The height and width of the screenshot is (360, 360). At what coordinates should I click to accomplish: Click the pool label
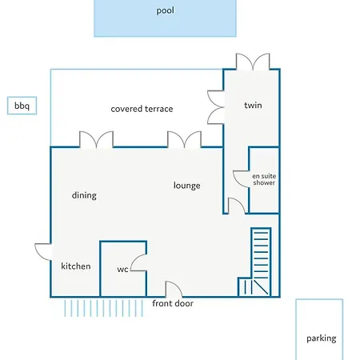[x=166, y=11]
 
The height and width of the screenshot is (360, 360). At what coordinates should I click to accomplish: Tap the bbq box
[x=22, y=106]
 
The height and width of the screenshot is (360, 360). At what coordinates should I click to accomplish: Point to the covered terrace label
[x=142, y=109]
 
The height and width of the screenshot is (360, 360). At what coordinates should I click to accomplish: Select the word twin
[x=253, y=105]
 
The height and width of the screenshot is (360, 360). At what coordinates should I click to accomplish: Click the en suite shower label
[x=264, y=179]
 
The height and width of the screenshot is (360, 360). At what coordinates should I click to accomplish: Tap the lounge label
[x=187, y=186]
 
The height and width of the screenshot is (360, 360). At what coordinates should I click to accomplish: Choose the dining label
[x=84, y=195]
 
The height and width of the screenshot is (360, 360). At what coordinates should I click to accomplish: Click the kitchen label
[x=76, y=266]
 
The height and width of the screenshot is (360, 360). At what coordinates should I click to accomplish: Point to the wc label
[x=122, y=270]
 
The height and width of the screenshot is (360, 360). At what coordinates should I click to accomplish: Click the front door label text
[x=173, y=303]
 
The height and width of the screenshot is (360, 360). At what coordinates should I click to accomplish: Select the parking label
[x=322, y=338]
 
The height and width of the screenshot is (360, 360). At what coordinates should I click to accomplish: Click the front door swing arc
[x=178, y=286]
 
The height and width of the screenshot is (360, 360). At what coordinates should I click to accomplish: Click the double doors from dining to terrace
[x=96, y=139]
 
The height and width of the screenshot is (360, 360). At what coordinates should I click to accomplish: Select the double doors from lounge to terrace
[x=184, y=139]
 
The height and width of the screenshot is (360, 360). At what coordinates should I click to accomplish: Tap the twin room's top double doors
[x=253, y=62]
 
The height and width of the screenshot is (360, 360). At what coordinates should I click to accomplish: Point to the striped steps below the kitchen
[x=103, y=308]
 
